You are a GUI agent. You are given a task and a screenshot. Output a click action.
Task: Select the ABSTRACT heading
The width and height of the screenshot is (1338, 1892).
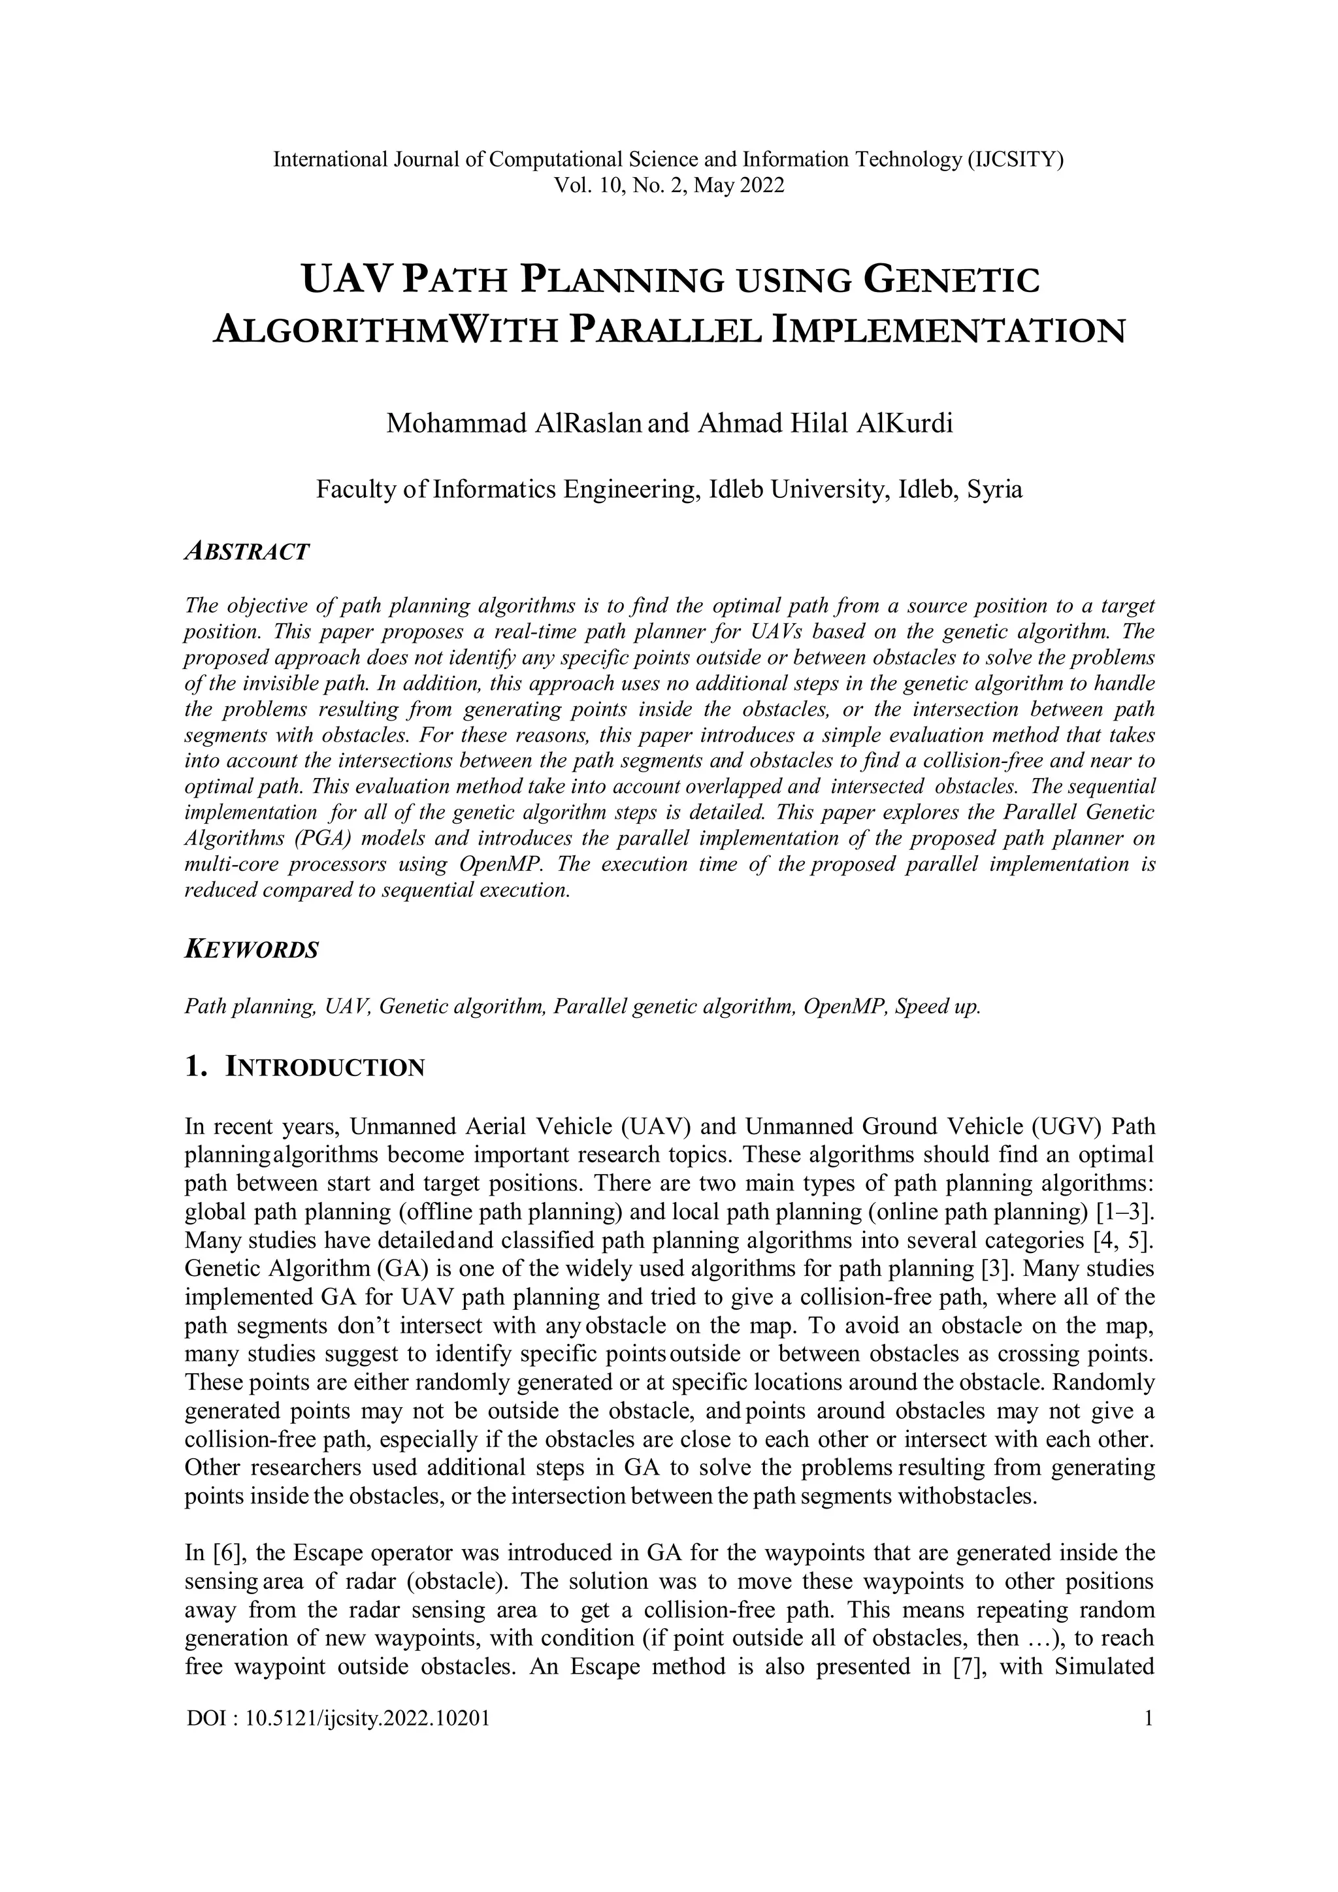coord(247,551)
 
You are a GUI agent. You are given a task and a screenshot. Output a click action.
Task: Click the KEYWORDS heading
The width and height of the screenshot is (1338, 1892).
coord(252,949)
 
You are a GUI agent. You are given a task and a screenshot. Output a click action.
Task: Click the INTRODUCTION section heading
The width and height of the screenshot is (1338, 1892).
coord(325,1069)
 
